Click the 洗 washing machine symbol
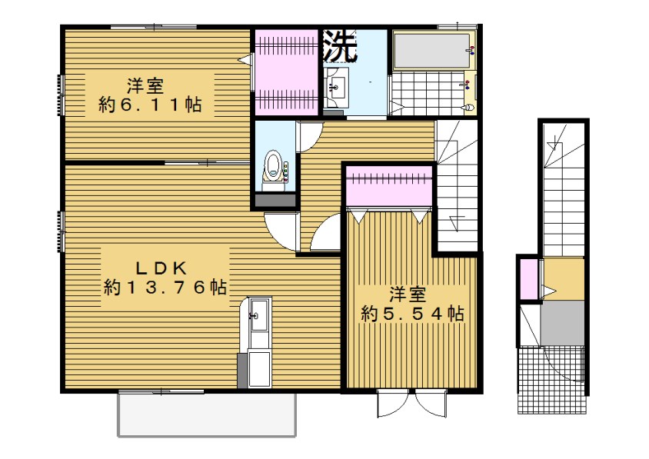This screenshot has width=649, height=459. (x=339, y=46)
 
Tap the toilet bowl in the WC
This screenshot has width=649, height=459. (x=273, y=166)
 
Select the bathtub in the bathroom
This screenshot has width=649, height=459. (x=431, y=51)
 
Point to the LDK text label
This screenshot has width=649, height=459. (x=161, y=268)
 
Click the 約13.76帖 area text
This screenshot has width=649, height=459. (x=165, y=287)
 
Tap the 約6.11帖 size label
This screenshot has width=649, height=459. (x=150, y=105)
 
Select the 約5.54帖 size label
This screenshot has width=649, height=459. (x=412, y=314)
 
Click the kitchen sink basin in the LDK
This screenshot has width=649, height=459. (x=259, y=316)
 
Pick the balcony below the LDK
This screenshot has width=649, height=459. (x=207, y=414)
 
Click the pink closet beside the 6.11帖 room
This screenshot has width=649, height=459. (x=286, y=72)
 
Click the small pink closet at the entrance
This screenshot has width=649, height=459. (x=528, y=278)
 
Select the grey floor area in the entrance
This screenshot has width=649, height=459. (x=563, y=323)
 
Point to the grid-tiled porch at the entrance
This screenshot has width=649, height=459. (x=552, y=380)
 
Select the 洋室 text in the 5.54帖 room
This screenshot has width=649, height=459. (x=408, y=295)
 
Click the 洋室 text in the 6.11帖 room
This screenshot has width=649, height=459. (x=145, y=87)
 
